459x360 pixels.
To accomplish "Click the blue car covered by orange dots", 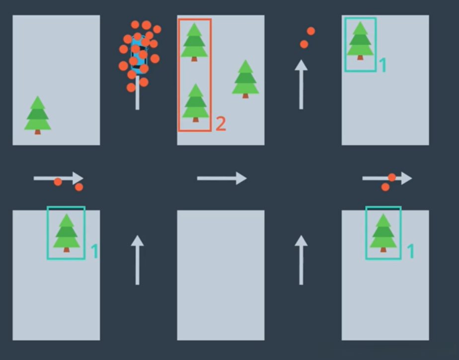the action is pos(139,55).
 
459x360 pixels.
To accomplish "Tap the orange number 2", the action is pos(221,124).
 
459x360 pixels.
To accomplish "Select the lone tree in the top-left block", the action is pos(37,115).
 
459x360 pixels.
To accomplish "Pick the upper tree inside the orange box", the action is pos(194,42).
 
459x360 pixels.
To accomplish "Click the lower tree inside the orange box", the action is pos(196,103).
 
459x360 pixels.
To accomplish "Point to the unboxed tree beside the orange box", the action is pos(245,79).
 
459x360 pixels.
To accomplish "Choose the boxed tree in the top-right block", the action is pos(360,41).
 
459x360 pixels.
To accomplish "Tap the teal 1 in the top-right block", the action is pos(382,65).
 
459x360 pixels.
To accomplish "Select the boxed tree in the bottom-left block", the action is pos(67,233).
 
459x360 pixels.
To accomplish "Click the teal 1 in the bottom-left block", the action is pos(94,251).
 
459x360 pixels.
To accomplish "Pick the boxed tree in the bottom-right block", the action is pos(383,233).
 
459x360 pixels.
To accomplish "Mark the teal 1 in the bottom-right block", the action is pos(411,251).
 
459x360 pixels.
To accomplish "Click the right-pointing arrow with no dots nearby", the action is pos(222,178).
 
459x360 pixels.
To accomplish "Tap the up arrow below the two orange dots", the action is pos(301,85).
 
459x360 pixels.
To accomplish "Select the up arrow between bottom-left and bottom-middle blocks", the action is pos(137,260).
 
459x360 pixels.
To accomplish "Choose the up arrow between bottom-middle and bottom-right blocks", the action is pos(301,260).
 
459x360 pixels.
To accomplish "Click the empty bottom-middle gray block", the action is pos(221,275).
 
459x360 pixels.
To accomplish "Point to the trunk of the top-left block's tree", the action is pos(37,132).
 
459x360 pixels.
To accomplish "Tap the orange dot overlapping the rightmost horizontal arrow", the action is pos(392,177).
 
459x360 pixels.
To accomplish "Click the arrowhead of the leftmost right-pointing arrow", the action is pos(78,178).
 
